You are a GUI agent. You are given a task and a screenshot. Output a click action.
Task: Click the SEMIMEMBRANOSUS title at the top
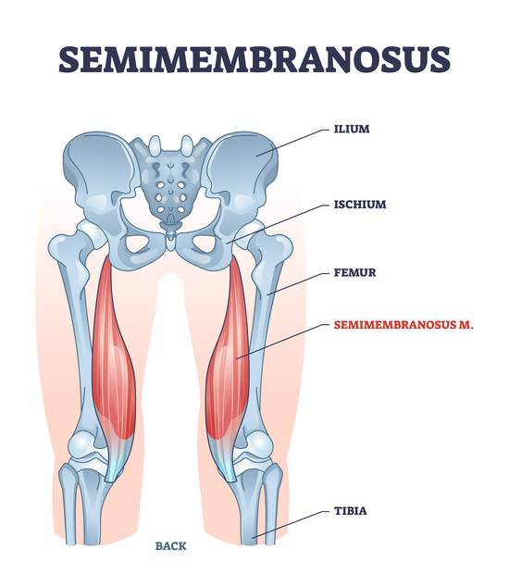[254, 59]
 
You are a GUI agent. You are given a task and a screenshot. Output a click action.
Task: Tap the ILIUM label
[352, 129]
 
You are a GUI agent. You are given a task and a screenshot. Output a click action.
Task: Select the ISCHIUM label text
[360, 205]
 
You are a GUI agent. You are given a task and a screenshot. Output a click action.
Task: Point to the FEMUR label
[354, 272]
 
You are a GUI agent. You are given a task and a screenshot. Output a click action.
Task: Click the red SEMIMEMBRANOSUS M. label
[403, 325]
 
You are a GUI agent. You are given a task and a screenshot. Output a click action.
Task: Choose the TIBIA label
[351, 511]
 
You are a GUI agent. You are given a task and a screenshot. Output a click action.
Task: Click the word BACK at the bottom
[170, 546]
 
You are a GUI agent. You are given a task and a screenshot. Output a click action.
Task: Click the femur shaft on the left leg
[77, 337]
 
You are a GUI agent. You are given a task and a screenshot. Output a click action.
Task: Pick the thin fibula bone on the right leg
[271, 506]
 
